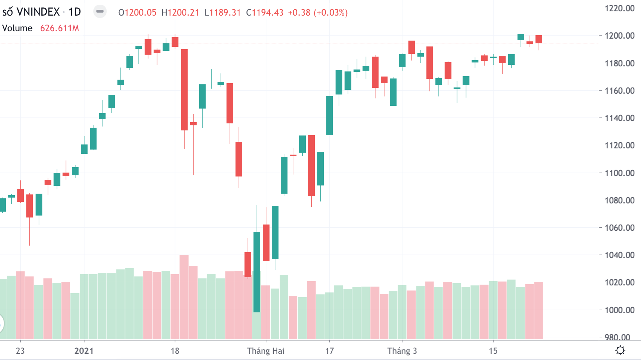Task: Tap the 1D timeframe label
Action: [75, 12]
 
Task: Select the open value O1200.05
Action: [137, 12]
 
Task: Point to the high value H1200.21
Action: [180, 12]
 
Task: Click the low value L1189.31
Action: [222, 12]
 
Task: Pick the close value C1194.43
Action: [264, 12]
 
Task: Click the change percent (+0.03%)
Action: [332, 12]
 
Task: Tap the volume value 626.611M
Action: [59, 28]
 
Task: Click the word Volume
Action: [17, 28]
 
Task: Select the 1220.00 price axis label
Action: [620, 8]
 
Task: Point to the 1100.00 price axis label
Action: [620, 173]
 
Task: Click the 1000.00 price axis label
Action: [620, 310]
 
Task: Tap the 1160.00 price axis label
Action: [620, 91]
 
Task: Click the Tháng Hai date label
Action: [266, 351]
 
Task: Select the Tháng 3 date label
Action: [402, 351]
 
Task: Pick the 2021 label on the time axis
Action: [84, 351]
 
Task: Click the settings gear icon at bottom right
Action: [620, 350]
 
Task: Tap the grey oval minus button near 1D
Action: [100, 12]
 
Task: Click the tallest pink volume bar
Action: [184, 297]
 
